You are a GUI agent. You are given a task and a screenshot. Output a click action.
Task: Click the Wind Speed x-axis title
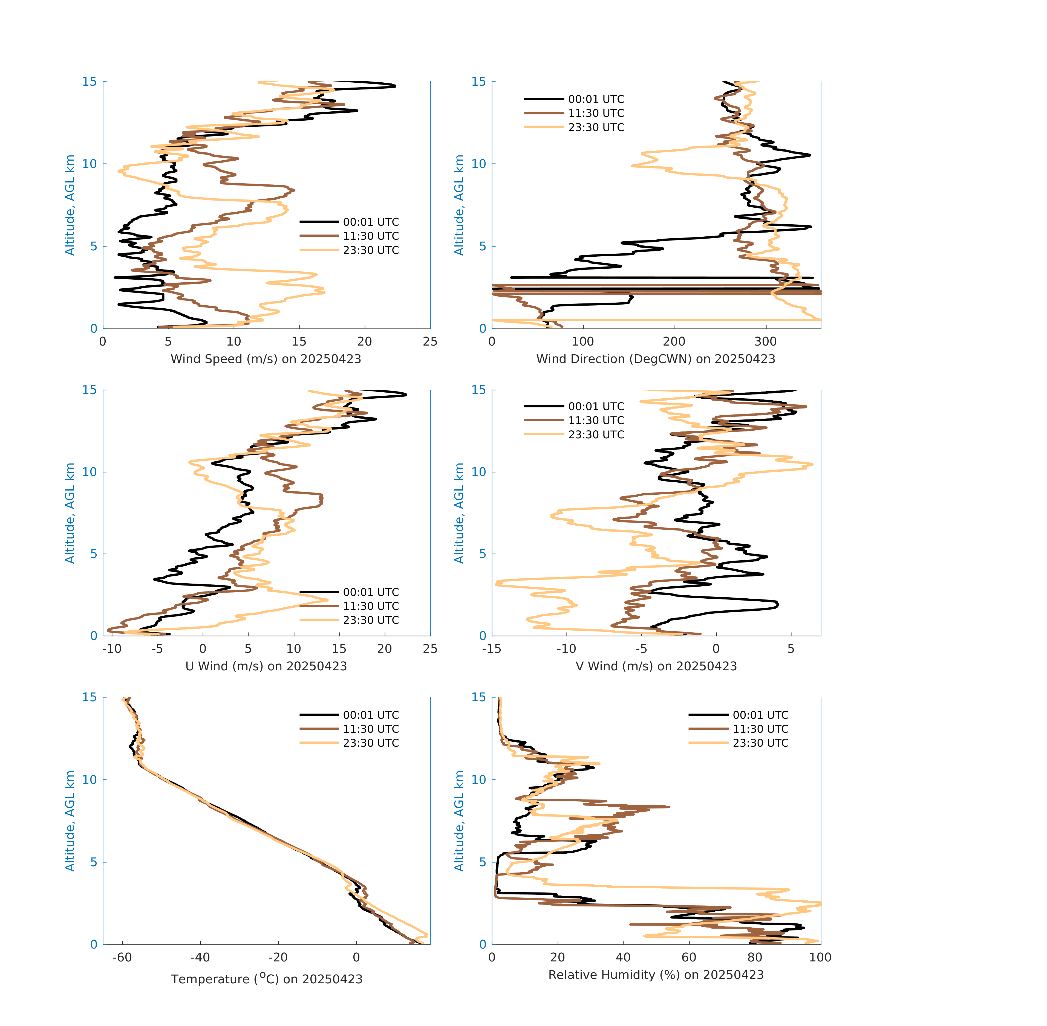(266, 359)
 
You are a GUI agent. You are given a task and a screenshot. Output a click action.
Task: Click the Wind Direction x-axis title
(656, 359)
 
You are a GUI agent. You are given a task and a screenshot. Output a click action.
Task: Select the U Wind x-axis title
(266, 666)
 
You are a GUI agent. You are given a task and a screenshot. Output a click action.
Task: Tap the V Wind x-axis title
(656, 666)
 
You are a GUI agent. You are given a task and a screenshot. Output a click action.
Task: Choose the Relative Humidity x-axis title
(656, 975)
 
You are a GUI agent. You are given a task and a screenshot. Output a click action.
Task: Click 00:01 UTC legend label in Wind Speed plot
(371, 222)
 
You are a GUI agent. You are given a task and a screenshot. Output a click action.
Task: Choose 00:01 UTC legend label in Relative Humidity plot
(760, 715)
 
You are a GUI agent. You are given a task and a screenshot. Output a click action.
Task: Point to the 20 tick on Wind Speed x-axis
(364, 342)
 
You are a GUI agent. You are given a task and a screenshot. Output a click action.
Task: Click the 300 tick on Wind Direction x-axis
(766, 342)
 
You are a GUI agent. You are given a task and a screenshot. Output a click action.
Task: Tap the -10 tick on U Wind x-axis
(112, 649)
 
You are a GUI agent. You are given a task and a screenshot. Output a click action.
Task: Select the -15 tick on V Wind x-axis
(492, 649)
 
